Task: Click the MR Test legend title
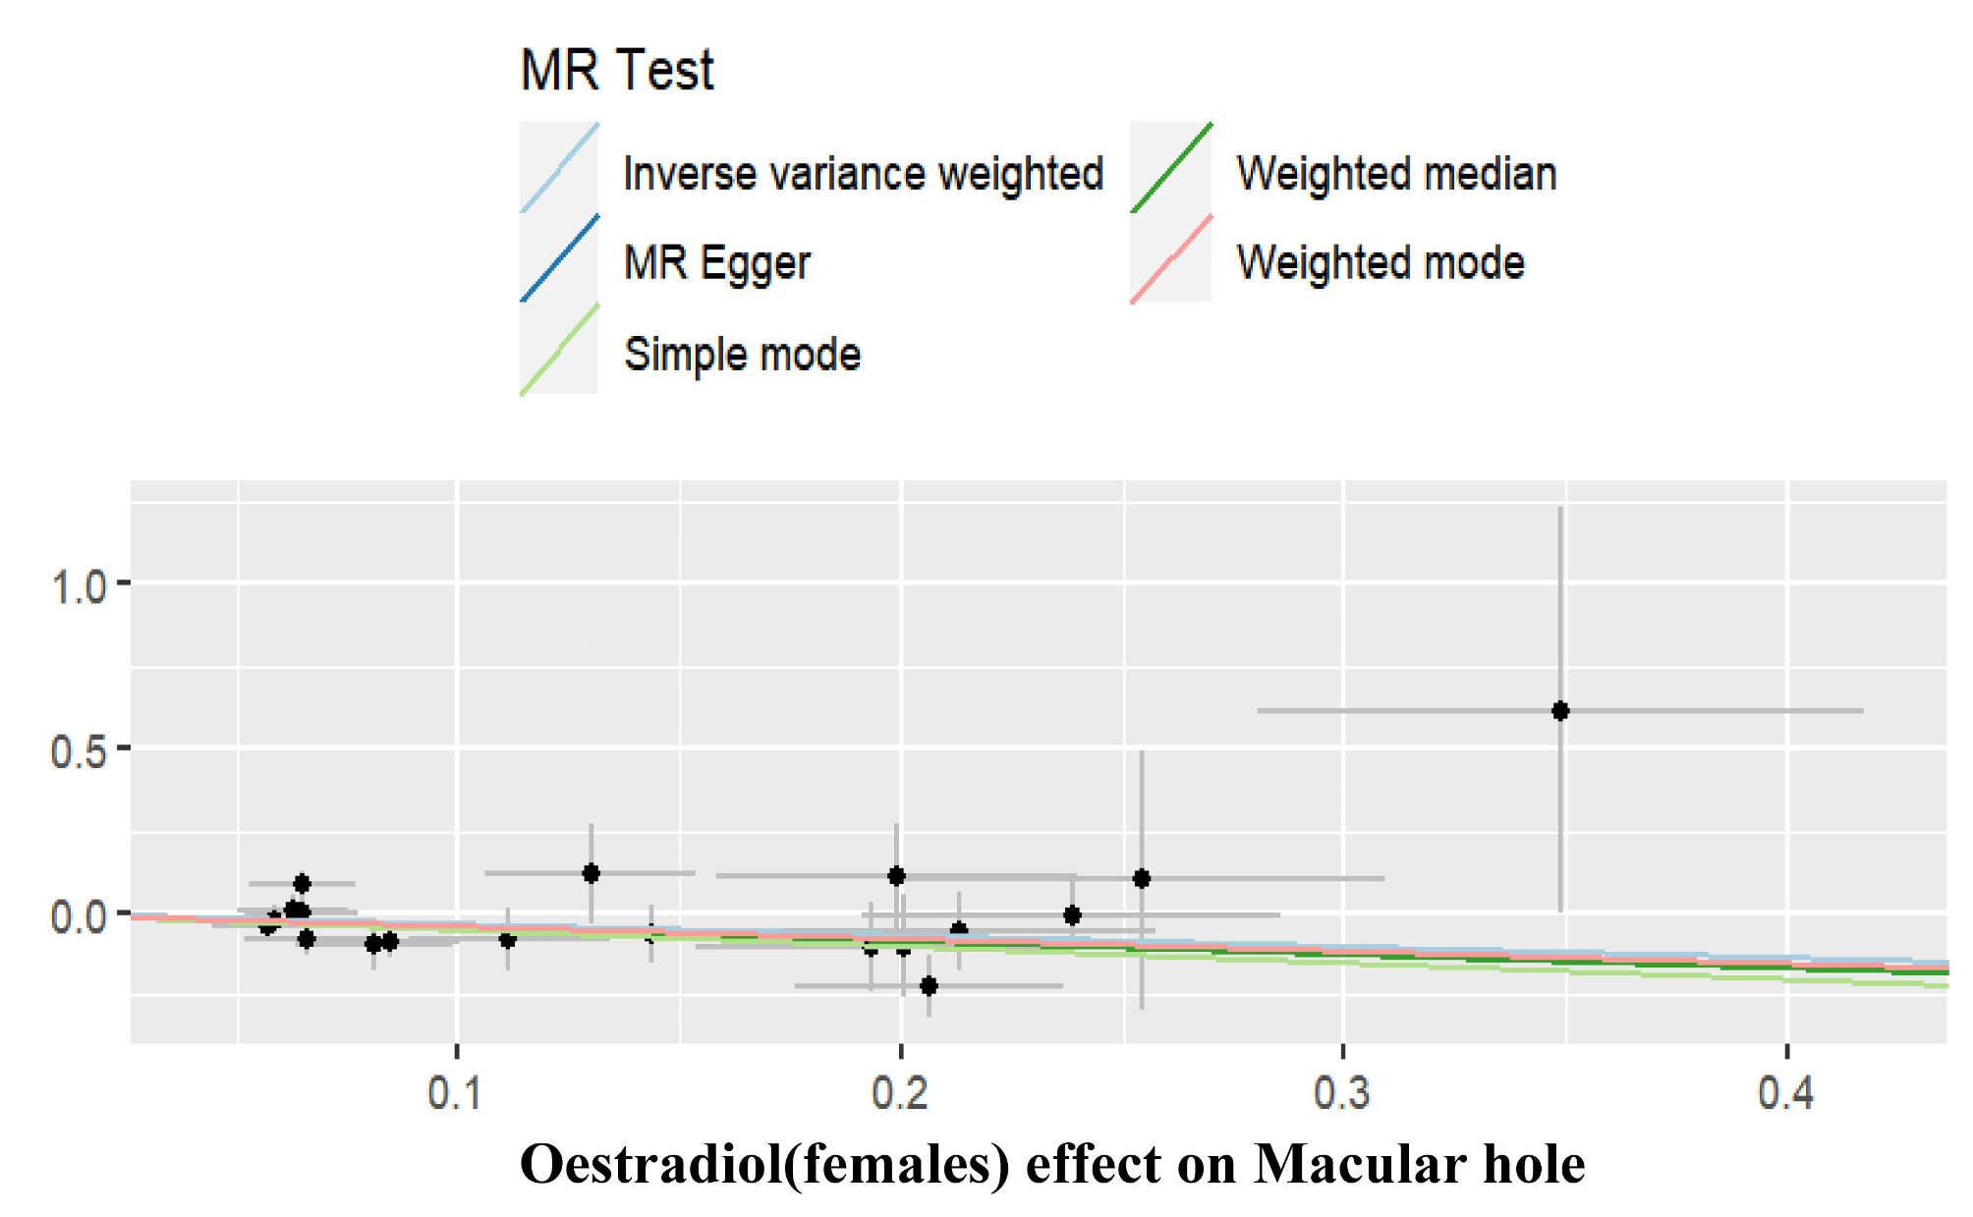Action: pyautogui.click(x=616, y=71)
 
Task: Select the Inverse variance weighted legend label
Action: pyautogui.click(x=863, y=174)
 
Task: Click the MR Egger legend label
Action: pyautogui.click(x=716, y=263)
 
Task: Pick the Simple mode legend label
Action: pyautogui.click(x=742, y=355)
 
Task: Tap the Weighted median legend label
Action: pyautogui.click(x=1396, y=174)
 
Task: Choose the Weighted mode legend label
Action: pyautogui.click(x=1381, y=263)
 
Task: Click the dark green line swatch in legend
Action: pyautogui.click(x=1170, y=168)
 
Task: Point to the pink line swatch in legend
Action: pyautogui.click(x=1170, y=258)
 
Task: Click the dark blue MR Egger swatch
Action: pyautogui.click(x=559, y=258)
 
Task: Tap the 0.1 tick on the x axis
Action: pyautogui.click(x=456, y=1092)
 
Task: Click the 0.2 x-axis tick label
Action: pyautogui.click(x=900, y=1092)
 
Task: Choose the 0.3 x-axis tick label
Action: pyautogui.click(x=1342, y=1092)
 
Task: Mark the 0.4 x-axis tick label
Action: pyautogui.click(x=1785, y=1092)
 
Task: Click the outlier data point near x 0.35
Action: pyautogui.click(x=1560, y=711)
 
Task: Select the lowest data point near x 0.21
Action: pyautogui.click(x=929, y=985)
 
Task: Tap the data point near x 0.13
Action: pyautogui.click(x=591, y=873)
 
